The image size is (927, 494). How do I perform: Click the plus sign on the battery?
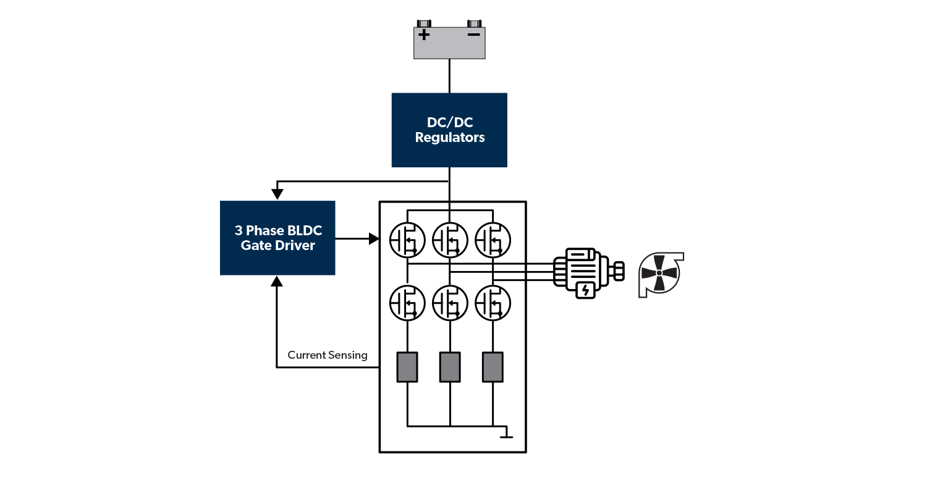pos(424,35)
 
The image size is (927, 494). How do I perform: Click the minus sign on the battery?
pos(474,35)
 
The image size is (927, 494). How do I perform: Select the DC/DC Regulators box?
pos(449,130)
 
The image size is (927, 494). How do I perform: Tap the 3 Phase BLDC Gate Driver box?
pos(277,238)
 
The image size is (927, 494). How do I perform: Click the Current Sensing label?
pos(328,355)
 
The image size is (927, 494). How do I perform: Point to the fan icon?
pos(659,274)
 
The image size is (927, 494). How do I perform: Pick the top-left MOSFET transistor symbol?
pos(407,240)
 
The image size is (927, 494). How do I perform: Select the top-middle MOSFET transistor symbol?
pos(450,240)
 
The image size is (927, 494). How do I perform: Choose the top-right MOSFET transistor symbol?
pos(493,240)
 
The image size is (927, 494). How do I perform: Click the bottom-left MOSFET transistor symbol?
pos(407,303)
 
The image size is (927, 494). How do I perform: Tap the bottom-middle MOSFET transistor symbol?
pos(450,303)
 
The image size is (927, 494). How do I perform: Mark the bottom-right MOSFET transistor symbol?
pos(493,303)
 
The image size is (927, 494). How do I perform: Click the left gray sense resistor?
pos(407,367)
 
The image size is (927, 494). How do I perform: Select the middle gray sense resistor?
pos(450,367)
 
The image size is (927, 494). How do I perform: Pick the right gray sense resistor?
pos(493,367)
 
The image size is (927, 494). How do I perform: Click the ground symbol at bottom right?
pos(506,434)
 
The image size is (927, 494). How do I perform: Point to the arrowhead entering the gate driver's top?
pos(277,194)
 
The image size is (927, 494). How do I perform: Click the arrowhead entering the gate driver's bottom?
pos(277,281)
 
